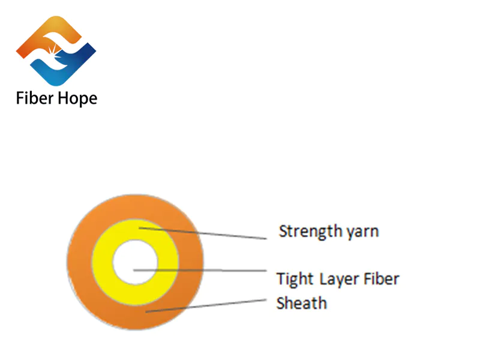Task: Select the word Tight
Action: (x=294, y=279)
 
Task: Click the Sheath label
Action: (x=301, y=303)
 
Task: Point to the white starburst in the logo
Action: (x=57, y=50)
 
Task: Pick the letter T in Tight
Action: (x=281, y=279)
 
